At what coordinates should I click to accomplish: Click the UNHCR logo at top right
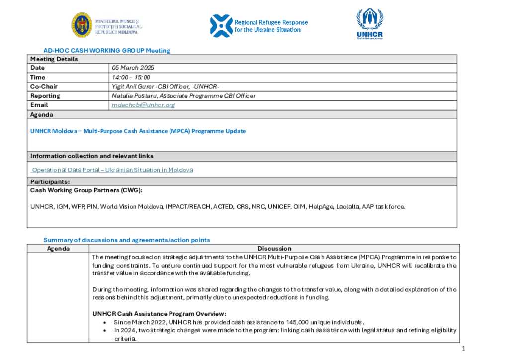(370, 24)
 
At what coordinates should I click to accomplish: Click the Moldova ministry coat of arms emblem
(81, 25)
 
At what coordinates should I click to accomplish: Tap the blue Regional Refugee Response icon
(221, 25)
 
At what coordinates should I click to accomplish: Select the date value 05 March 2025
(133, 68)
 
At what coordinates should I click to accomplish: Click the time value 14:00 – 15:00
(131, 77)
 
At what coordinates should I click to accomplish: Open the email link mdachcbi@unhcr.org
(144, 105)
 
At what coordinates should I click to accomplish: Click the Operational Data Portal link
(112, 170)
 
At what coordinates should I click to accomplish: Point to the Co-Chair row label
(44, 87)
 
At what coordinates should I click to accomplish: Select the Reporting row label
(45, 96)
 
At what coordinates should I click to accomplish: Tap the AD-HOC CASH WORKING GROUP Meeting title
(106, 51)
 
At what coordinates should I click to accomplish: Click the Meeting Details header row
(54, 59)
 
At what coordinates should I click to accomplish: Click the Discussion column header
(274, 249)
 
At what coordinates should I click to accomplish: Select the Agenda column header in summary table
(58, 249)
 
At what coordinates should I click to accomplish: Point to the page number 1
(463, 349)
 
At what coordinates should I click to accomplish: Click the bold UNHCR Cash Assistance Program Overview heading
(160, 314)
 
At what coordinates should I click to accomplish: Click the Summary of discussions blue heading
(127, 240)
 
